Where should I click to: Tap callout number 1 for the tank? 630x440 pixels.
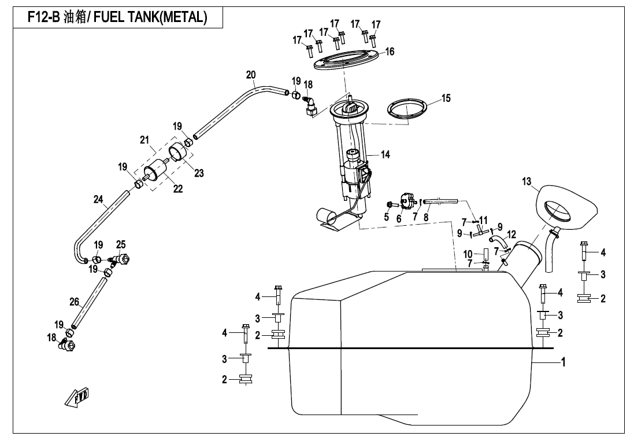coord(563,362)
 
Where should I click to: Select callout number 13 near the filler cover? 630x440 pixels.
coord(527,182)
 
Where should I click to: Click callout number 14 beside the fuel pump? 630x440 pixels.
coord(385,155)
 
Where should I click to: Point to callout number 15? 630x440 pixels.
coord(446,98)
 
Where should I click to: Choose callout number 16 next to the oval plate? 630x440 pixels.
coord(390,52)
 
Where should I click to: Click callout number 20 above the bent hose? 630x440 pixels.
coord(250,75)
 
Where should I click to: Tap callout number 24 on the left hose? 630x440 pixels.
coord(98,200)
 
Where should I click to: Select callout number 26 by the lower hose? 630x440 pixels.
coord(74,302)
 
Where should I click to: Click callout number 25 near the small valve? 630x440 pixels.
coord(121,245)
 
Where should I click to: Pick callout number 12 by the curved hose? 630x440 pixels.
coord(512,235)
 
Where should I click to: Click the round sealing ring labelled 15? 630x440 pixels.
coord(408,109)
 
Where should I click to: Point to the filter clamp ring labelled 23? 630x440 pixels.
coord(180,153)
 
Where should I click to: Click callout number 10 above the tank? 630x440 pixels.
coord(468,254)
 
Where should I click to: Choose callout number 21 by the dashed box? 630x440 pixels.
coord(144,140)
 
